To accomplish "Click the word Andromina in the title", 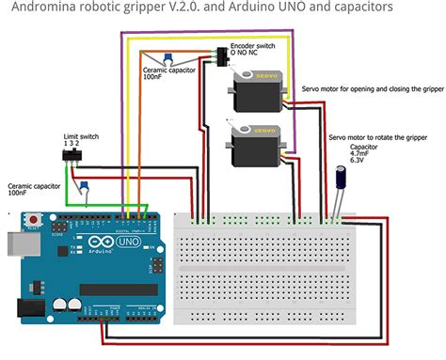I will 37,8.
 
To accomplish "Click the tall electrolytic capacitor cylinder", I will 338,180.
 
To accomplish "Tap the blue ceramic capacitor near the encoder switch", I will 166,58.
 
